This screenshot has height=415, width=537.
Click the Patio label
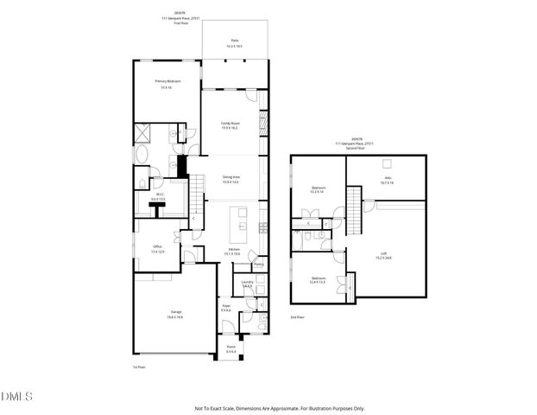coord(233,41)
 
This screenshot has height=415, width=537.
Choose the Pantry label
coord(246,265)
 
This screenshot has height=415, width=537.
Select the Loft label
coord(384,255)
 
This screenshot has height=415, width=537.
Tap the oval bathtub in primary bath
coord(142,156)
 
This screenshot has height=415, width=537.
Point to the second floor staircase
coord(351,207)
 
